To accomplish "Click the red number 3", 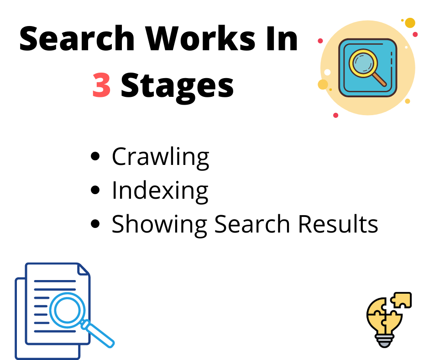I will [x=101, y=85].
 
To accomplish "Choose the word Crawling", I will [x=160, y=158].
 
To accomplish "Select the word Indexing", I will [x=160, y=191].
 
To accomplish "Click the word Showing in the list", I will [x=159, y=224].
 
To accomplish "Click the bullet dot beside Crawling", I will [x=95, y=157].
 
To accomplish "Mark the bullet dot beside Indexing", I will [x=95, y=190].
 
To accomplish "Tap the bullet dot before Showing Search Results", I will [x=95, y=224].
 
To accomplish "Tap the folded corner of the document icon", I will [x=83, y=270].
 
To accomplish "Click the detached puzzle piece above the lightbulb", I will [x=401, y=300].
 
